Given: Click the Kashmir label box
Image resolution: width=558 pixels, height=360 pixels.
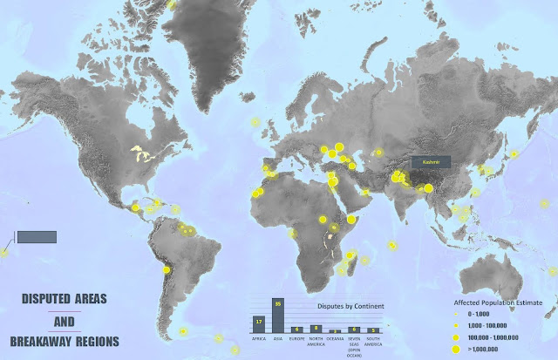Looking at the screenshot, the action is (x=431, y=161).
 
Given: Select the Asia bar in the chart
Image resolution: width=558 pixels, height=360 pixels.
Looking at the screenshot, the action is (x=278, y=316).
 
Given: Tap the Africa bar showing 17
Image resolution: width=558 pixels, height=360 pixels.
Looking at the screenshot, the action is (x=259, y=324).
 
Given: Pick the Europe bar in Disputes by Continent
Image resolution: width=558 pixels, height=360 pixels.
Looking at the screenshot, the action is (x=297, y=329).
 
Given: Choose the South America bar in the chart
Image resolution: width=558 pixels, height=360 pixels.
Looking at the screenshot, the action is (x=373, y=330).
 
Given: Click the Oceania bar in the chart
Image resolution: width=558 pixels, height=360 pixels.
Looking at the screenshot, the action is (x=335, y=331).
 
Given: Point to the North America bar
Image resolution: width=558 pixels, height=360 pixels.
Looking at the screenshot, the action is (x=316, y=329).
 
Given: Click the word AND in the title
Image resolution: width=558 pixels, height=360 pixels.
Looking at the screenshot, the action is (x=64, y=320).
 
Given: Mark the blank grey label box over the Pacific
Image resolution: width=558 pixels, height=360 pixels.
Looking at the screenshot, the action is (x=37, y=237).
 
